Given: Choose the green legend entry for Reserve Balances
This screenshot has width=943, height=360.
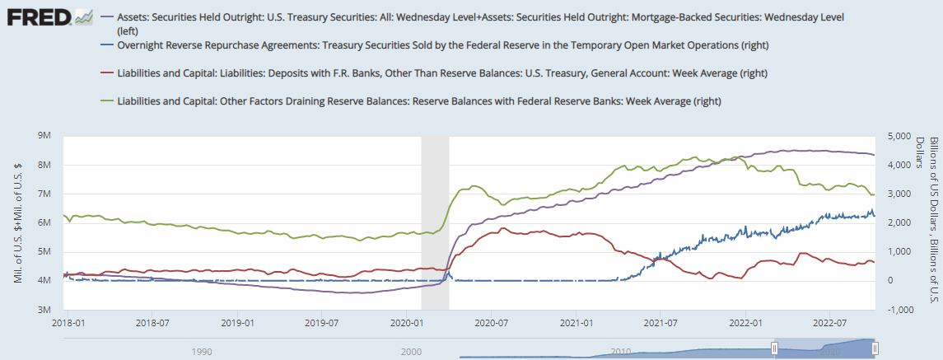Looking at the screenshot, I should pyautogui.click(x=420, y=101).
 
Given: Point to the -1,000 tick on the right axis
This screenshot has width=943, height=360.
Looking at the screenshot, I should pyautogui.click(x=893, y=310).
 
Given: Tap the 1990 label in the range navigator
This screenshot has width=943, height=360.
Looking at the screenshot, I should pyautogui.click(x=200, y=351).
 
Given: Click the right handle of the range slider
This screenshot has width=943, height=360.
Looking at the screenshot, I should pyautogui.click(x=875, y=349).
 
